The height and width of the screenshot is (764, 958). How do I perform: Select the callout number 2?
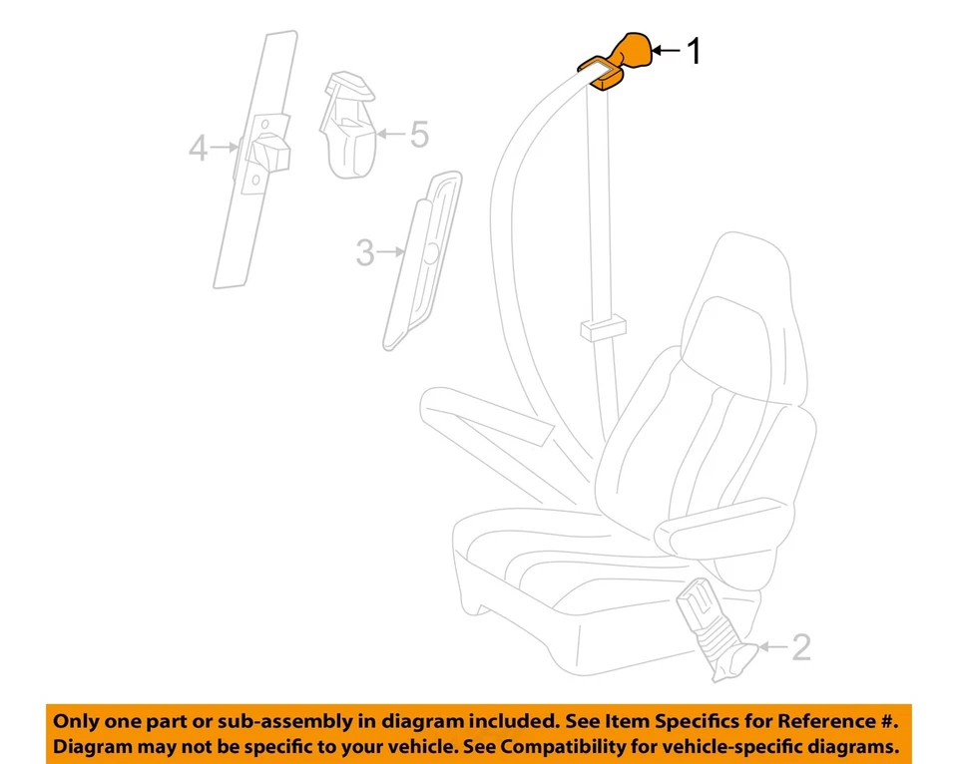pos(800,649)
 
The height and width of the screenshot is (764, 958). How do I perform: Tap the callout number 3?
pos(366,253)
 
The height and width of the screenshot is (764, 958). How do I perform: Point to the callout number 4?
pos(199,150)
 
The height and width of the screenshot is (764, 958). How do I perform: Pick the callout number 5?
pos(419,134)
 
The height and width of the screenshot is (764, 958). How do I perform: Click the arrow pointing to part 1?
pos(666,49)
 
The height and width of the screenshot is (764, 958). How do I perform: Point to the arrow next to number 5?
pos(392,133)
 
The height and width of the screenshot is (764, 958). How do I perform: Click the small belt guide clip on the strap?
pos(601,326)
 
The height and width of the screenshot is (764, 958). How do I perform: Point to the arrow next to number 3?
pos(390,254)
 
